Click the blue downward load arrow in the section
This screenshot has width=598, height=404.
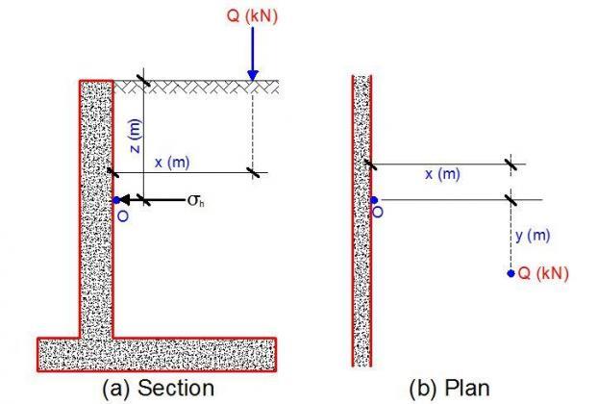252,53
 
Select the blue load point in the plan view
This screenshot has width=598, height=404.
511,273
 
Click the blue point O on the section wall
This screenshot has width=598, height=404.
116,200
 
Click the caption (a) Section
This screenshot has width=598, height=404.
159,388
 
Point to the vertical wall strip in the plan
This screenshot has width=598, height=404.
361,221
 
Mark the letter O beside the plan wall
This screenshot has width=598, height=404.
377,212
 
